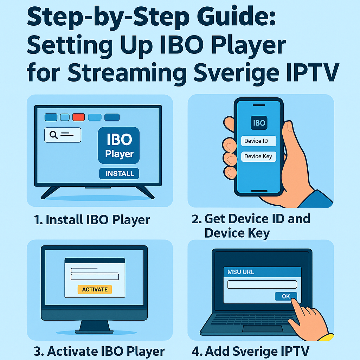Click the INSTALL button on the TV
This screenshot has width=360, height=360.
pyautogui.click(x=119, y=174)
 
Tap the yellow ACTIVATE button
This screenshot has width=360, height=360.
pyautogui.click(x=95, y=290)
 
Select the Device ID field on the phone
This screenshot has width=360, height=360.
pyautogui.click(x=259, y=141)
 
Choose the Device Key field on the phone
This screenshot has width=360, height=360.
pyautogui.click(x=259, y=156)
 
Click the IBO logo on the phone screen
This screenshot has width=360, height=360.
pyautogui.click(x=259, y=123)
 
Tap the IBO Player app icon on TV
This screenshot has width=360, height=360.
pyautogui.click(x=119, y=145)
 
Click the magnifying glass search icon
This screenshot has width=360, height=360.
pyautogui.click(x=53, y=135)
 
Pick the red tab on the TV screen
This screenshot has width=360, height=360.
pyautogui.click(x=78, y=117)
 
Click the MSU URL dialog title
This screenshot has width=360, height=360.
pyautogui.click(x=240, y=272)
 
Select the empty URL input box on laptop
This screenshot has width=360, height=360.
pyautogui.click(x=262, y=284)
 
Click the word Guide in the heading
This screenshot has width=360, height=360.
pyautogui.click(x=237, y=18)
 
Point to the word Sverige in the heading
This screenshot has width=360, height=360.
pyautogui.click(x=237, y=73)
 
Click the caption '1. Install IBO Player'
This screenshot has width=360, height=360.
pyautogui.click(x=92, y=220)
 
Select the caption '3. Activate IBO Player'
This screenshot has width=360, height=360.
pyautogui.click(x=99, y=351)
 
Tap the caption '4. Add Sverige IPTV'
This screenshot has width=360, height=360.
pyautogui.click(x=250, y=351)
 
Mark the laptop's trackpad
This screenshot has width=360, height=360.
pyautogui.click(x=263, y=329)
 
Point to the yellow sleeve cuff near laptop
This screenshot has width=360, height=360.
pyautogui.click(x=326, y=337)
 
